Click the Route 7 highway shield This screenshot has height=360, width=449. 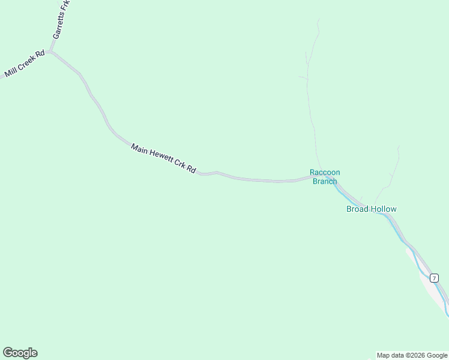click(433, 278)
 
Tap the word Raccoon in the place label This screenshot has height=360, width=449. click(325, 172)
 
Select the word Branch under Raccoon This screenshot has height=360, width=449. click(325, 181)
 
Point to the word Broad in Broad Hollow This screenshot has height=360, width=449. click(357, 209)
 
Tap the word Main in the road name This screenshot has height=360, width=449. click(139, 147)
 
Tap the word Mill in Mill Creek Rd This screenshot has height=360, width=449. click(10, 72)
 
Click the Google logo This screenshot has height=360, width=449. click(20, 353)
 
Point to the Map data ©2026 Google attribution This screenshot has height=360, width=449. click(412, 355)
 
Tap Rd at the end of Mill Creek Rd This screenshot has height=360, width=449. click(40, 54)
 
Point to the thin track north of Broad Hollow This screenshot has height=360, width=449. click(392, 174)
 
